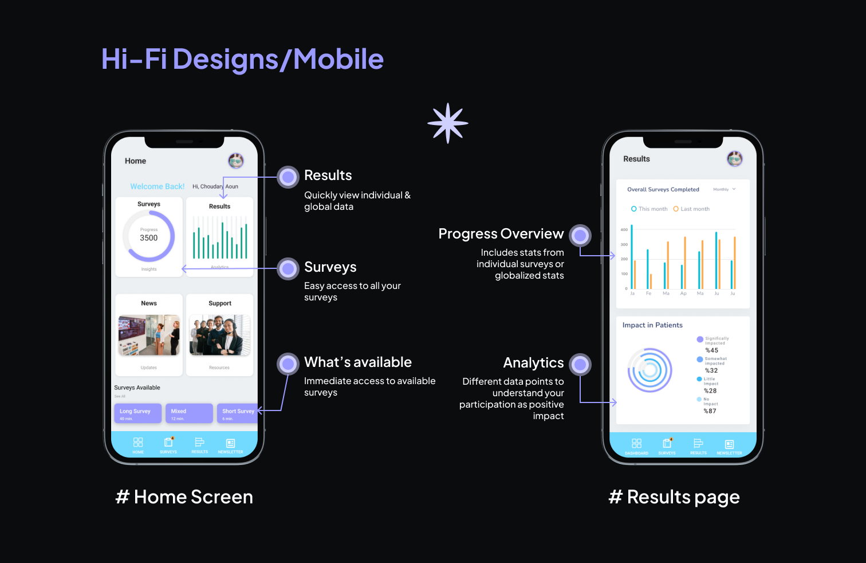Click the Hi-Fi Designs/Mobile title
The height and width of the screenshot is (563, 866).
tap(242, 59)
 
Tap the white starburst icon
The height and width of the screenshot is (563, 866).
tap(448, 123)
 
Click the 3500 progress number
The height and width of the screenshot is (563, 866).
tap(149, 238)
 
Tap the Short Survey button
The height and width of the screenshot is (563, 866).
tap(237, 413)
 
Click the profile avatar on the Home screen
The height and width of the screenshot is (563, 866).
tap(236, 161)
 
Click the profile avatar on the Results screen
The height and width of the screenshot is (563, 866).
tap(735, 159)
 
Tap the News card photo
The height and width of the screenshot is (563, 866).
tap(149, 335)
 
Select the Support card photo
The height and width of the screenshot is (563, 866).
tap(220, 335)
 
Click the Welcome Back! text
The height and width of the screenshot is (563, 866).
tap(158, 186)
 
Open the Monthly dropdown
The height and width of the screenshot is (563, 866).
tap(724, 189)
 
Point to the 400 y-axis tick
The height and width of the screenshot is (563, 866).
tap(624, 229)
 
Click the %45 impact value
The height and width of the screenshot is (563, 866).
tap(711, 350)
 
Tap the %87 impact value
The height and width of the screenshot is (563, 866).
tap(710, 411)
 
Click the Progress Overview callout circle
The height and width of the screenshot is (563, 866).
tap(580, 235)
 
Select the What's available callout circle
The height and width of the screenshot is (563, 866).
tap(288, 363)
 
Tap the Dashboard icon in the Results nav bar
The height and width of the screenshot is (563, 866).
tap(636, 444)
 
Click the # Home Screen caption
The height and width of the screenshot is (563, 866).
tap(184, 497)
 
